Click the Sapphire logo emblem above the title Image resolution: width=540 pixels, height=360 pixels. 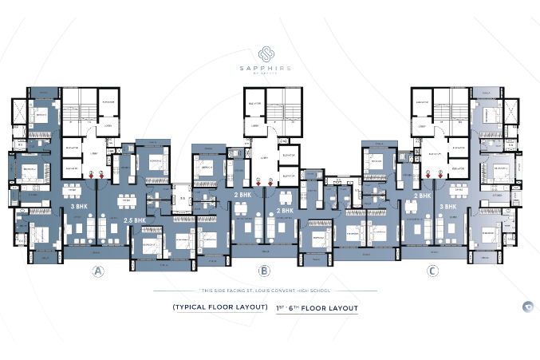pyautogui.click(x=270, y=51)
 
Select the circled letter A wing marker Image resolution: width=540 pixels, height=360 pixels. pyautogui.click(x=98, y=272)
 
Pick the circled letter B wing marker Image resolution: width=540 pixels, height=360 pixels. pyautogui.click(x=264, y=272)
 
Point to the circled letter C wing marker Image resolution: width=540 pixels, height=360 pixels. pyautogui.click(x=432, y=272)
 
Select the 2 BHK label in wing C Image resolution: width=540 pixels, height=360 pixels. pyautogui.click(x=422, y=195)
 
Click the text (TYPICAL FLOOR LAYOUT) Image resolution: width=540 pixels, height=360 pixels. pyautogui.click(x=218, y=307)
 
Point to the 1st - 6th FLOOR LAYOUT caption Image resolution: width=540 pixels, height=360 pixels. pyautogui.click(x=317, y=307)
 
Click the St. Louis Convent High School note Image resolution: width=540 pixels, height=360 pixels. pyautogui.click(x=270, y=291)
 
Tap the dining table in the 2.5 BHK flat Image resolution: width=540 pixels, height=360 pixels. pyautogui.click(x=125, y=200)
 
